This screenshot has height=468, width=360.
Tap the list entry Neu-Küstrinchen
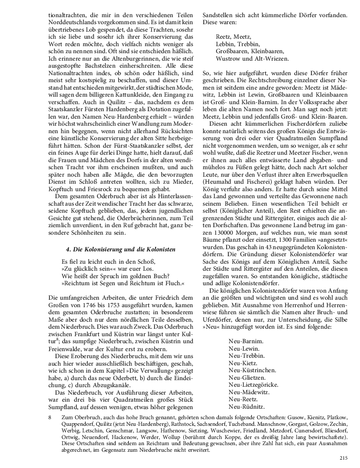click(x=246, y=370)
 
